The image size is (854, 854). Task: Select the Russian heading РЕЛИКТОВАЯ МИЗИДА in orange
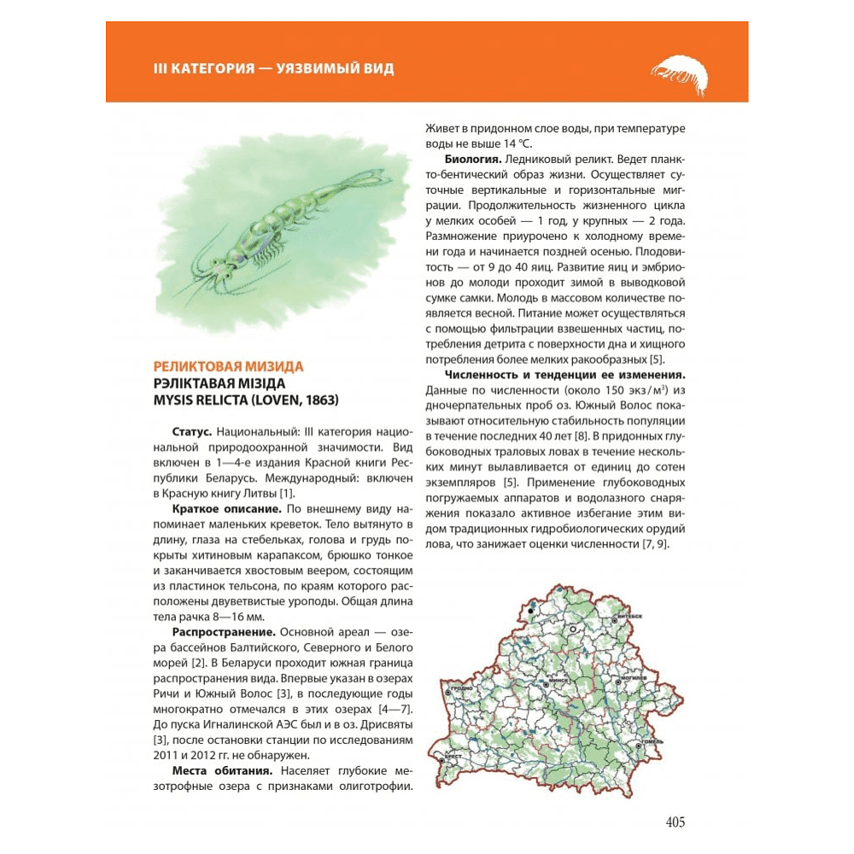[222, 367]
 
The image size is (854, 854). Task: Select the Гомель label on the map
[652, 742]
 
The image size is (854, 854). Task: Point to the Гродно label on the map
[461, 686]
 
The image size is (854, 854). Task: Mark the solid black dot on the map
[533, 608]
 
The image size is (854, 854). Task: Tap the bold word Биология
[473, 160]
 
